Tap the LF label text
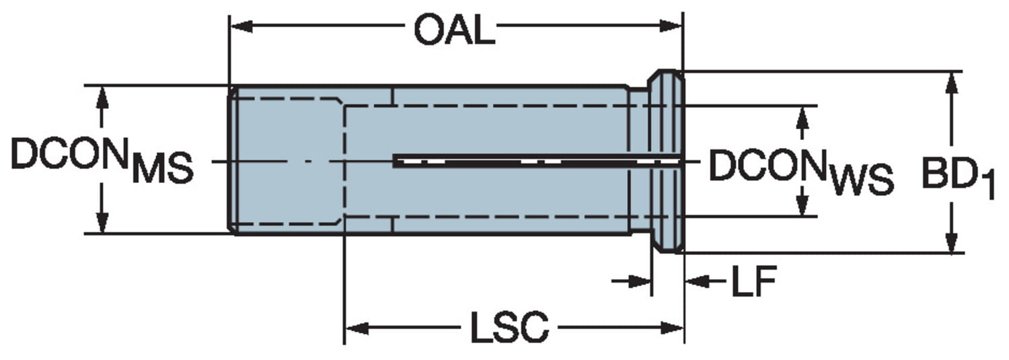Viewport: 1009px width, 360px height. (x=753, y=282)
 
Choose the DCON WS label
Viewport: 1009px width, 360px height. (x=800, y=171)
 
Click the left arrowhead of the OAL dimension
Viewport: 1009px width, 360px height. (x=240, y=26)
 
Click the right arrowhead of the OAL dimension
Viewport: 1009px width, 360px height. (x=672, y=26)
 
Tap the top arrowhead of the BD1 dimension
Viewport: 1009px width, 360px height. (x=951, y=82)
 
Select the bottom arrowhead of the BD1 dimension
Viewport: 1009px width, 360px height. (x=951, y=242)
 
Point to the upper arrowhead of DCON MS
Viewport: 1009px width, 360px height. (x=102, y=97)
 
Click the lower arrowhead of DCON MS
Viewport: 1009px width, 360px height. (x=102, y=222)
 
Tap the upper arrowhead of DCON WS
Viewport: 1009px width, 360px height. (x=802, y=117)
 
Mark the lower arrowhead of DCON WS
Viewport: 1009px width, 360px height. (x=802, y=205)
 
